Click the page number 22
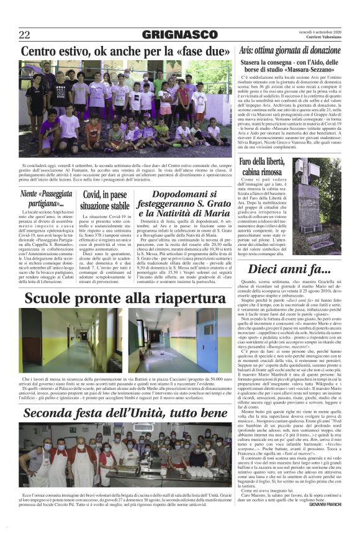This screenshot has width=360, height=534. coord(25,35)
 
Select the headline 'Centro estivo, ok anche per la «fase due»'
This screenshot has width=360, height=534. coord(126,51)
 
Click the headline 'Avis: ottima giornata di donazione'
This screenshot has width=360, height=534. coord(290,50)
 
